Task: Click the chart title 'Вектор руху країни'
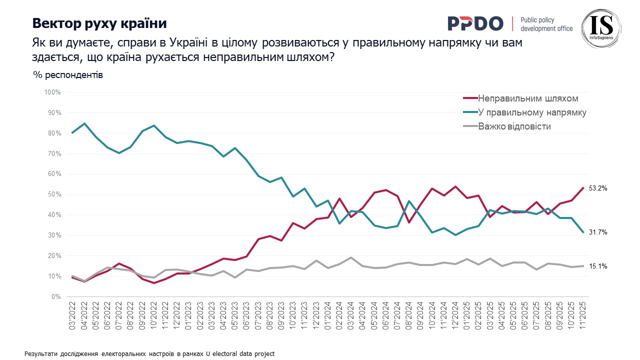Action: coord(99,23)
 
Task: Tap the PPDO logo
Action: coord(475,23)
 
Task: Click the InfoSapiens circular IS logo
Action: coord(601,28)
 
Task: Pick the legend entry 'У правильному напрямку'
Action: coord(532,112)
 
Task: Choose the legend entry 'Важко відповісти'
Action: coord(514,126)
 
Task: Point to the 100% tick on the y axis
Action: coord(52,92)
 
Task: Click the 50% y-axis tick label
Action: coord(53,194)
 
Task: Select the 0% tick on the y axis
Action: coord(55,297)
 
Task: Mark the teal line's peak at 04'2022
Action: coord(84,123)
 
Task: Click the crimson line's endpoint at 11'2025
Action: coord(582,188)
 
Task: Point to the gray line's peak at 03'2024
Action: coord(352,257)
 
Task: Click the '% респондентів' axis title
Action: coord(68,75)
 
